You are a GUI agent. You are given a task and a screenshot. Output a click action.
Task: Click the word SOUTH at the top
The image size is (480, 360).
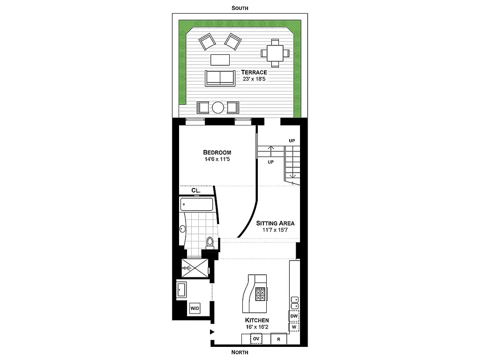pos(240,8)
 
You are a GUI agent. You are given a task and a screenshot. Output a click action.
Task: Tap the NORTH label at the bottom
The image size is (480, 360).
pos(240,352)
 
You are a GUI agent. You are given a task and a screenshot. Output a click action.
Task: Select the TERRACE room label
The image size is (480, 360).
pos(254,72)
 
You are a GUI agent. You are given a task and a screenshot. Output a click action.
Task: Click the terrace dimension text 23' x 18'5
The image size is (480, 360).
pos(255,79)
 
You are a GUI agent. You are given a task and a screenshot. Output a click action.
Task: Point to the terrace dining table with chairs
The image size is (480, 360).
pos(275,52)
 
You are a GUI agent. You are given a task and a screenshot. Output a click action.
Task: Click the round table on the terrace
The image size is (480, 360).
pos(218,107)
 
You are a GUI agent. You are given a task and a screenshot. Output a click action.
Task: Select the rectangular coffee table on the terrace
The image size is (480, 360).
pos(220,60)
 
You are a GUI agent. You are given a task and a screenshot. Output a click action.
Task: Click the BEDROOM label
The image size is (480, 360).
pos(217,152)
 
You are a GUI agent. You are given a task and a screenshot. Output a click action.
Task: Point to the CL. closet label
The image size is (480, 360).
pos(196,191)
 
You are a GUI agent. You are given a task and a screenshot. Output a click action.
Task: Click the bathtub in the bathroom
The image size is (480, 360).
pos(197,204)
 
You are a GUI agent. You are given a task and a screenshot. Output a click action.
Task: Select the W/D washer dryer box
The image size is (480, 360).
pos(195,308)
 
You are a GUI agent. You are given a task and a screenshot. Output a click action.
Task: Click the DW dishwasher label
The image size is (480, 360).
pos(294,316)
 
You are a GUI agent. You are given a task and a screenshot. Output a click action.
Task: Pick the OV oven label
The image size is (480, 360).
pos(256,338)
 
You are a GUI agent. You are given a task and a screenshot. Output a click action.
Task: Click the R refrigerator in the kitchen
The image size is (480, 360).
pos(278,338)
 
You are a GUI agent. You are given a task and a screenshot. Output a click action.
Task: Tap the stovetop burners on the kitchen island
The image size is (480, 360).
pos(260,293)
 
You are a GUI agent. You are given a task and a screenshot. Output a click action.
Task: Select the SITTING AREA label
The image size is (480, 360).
pos(275,224)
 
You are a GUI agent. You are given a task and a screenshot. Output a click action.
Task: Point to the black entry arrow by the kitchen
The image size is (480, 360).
pos(212,332)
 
